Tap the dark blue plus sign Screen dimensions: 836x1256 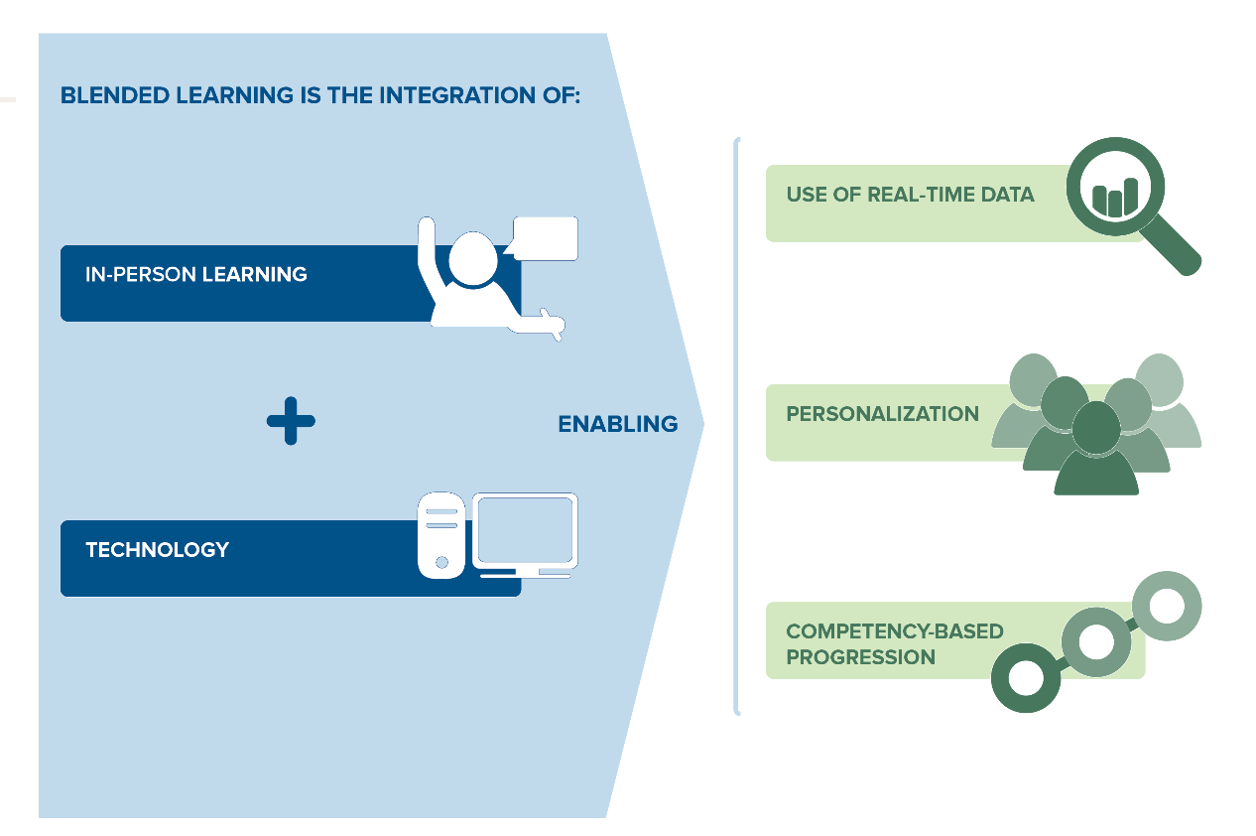(x=291, y=421)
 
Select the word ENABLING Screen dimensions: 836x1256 (x=617, y=424)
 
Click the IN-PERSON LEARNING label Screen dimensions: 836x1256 (x=196, y=274)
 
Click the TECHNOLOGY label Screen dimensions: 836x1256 (x=157, y=549)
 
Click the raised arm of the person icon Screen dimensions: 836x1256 (x=429, y=258)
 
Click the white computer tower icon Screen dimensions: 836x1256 (x=441, y=536)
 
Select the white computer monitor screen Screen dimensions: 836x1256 (x=525, y=530)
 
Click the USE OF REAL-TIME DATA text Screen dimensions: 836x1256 (x=910, y=195)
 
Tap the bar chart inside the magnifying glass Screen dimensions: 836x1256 (x=1113, y=199)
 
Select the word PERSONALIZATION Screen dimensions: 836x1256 (x=882, y=414)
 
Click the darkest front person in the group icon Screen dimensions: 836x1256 (x=1095, y=457)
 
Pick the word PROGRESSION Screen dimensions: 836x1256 (x=860, y=657)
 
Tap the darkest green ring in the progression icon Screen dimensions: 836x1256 (x=1026, y=678)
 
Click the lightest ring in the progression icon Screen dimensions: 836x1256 (x=1167, y=605)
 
